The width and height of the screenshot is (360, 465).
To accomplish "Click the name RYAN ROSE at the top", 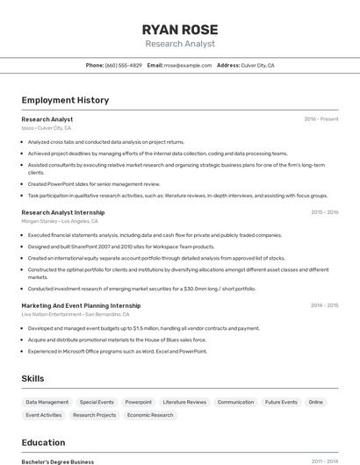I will [x=179, y=28].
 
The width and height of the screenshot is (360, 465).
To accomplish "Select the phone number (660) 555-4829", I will [x=123, y=66].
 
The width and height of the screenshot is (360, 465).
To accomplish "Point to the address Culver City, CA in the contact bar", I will [x=258, y=66].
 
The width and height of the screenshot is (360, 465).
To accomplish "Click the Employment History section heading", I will [x=65, y=100].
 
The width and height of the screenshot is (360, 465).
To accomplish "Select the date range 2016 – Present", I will [x=320, y=118].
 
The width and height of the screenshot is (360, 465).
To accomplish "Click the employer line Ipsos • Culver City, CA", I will [x=47, y=128].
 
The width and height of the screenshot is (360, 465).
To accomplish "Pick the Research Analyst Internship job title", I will [x=63, y=211].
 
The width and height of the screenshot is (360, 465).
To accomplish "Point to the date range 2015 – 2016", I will [x=324, y=211].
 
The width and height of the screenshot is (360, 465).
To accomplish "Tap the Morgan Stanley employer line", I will [x=60, y=221].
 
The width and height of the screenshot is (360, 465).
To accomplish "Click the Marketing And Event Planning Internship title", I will [x=81, y=305].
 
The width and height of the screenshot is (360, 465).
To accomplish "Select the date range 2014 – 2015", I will [x=324, y=305].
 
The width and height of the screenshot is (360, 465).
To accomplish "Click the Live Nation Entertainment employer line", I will [x=76, y=314].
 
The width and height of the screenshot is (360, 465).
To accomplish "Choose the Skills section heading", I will [x=33, y=378].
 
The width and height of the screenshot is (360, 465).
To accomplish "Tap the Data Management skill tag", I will [x=47, y=402].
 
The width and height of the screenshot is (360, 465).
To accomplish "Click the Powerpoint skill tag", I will [x=139, y=402].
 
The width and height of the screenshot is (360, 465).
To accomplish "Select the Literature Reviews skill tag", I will [x=185, y=402].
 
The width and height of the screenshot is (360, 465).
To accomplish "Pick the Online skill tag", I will [x=316, y=402].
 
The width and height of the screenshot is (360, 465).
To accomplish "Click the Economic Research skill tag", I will [x=150, y=415].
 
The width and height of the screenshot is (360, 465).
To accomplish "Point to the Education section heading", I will [x=44, y=442].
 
